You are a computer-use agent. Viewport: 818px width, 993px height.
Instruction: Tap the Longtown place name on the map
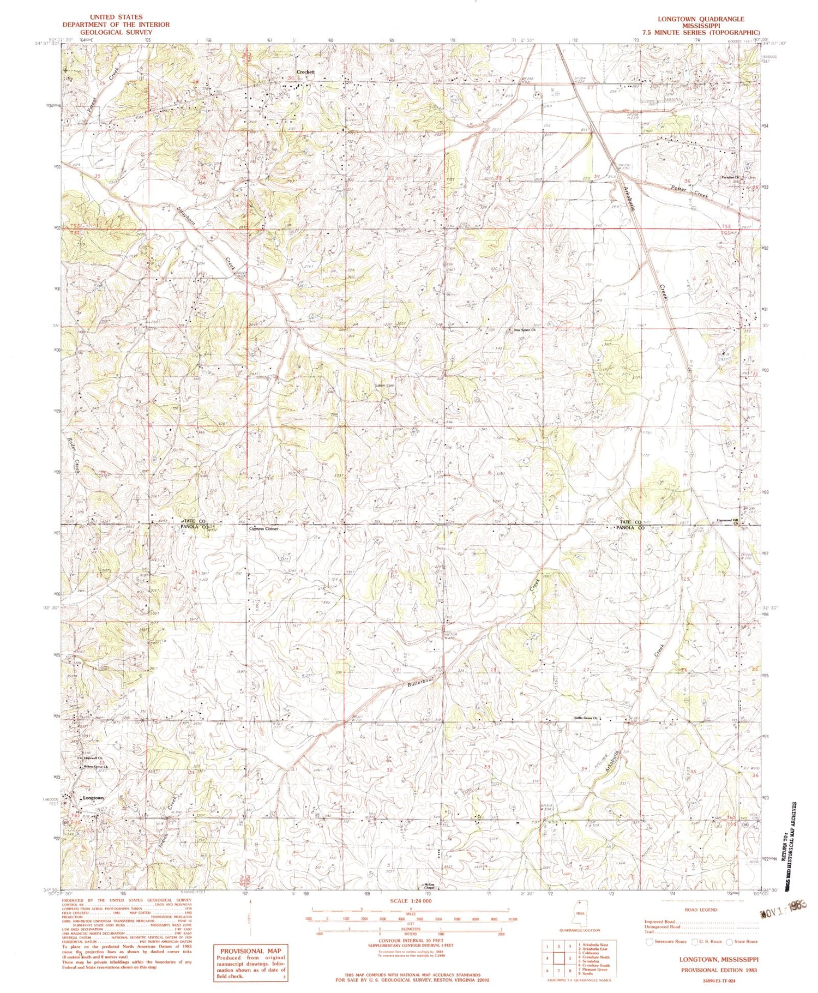coord(93,798)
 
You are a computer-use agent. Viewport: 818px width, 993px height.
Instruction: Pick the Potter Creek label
coord(691,191)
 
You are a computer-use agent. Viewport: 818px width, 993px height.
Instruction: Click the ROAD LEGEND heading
coord(700,910)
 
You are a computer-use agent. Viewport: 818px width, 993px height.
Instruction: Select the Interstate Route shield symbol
coord(649,941)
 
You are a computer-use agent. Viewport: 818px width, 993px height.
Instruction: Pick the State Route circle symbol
coord(732,941)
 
